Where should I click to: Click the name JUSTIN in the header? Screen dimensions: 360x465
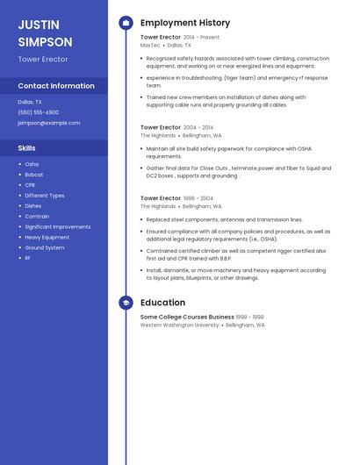click(x=38, y=25)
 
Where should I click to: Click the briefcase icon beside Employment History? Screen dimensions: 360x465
click(x=126, y=23)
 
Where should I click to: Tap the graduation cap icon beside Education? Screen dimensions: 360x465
click(x=126, y=303)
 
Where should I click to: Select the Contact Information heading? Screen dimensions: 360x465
click(x=56, y=86)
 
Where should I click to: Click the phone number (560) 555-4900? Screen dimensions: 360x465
click(x=39, y=112)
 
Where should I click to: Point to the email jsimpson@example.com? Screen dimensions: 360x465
click(x=49, y=123)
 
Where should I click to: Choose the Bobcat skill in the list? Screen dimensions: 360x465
click(x=33, y=175)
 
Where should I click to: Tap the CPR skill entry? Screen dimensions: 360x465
click(x=30, y=185)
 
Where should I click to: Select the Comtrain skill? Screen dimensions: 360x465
click(x=37, y=216)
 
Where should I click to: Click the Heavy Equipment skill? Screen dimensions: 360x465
click(x=47, y=237)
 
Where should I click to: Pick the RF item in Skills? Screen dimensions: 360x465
click(x=28, y=258)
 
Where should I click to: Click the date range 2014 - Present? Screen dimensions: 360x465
click(x=201, y=38)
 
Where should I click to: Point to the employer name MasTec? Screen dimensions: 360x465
click(x=150, y=45)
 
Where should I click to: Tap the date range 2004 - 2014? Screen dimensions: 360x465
click(x=198, y=128)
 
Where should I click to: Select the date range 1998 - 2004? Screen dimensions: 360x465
click(x=198, y=198)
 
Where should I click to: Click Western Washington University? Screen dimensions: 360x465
click(x=179, y=325)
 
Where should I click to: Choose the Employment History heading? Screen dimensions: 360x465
click(x=185, y=23)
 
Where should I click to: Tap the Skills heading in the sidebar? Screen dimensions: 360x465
click(x=27, y=148)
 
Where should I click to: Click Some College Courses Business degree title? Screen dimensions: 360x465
click(x=187, y=317)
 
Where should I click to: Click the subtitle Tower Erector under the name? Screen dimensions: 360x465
click(x=42, y=59)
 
